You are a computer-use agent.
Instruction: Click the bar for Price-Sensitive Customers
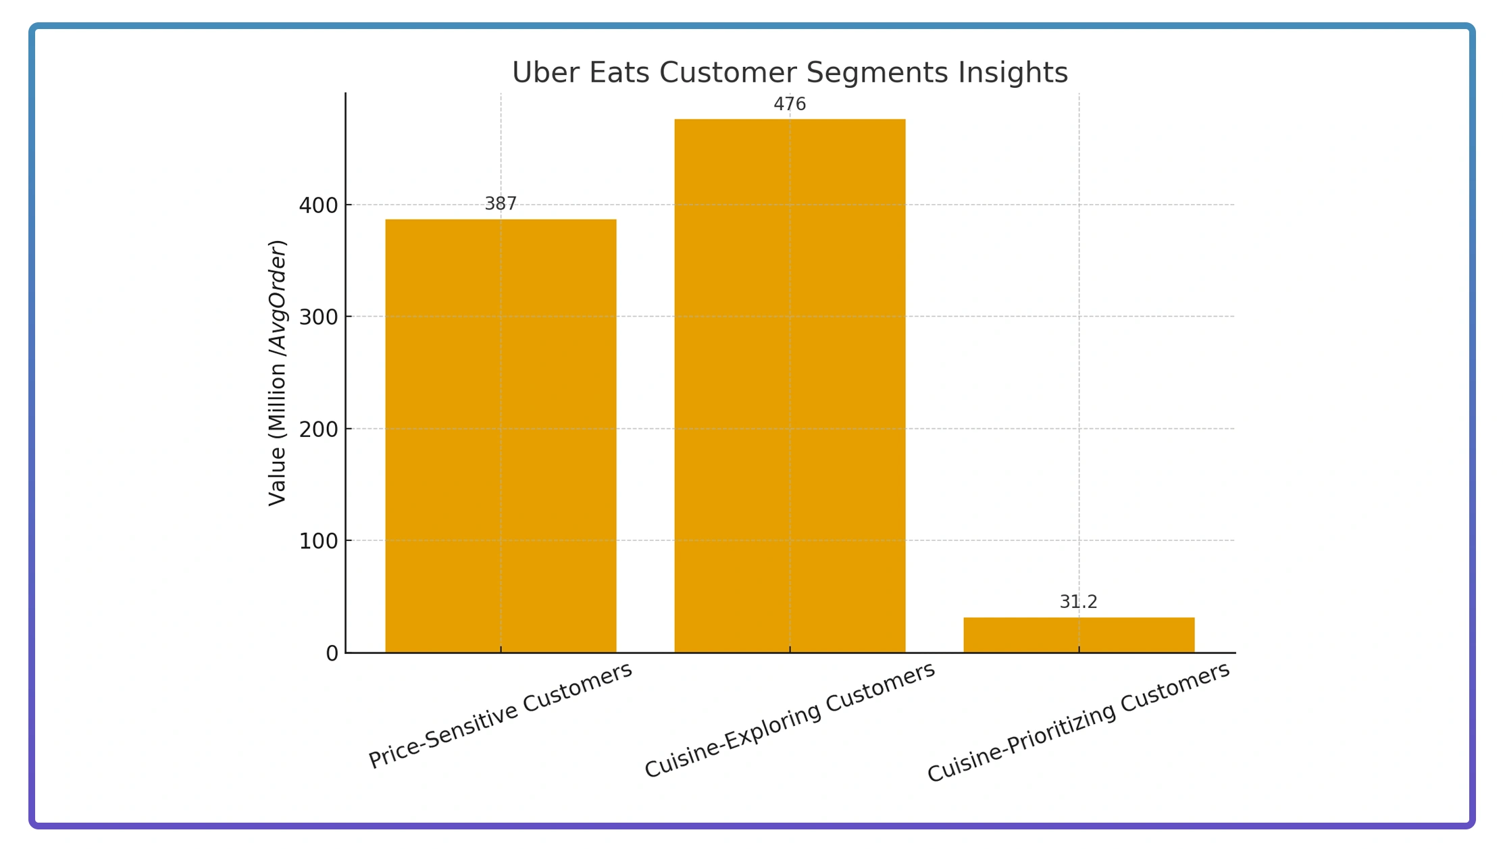click(x=501, y=436)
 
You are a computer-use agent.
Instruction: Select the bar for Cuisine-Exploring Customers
click(x=790, y=386)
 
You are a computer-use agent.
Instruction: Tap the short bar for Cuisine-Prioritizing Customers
click(x=1079, y=635)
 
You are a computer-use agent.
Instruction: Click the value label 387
click(x=501, y=204)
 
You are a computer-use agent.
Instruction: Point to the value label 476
click(x=790, y=105)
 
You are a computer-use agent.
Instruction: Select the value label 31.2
click(x=1078, y=602)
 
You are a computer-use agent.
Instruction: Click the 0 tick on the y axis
click(x=332, y=654)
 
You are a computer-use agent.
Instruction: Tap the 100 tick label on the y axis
click(x=318, y=542)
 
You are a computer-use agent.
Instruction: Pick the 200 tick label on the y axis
click(x=318, y=430)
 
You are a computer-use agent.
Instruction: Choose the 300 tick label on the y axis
click(x=318, y=317)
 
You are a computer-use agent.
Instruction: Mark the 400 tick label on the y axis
click(x=318, y=205)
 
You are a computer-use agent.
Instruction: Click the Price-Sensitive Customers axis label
click(x=500, y=715)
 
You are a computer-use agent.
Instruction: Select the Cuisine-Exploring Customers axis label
click(x=789, y=720)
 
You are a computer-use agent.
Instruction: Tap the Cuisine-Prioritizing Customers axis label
click(x=1078, y=723)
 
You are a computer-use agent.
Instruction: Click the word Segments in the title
click(x=877, y=73)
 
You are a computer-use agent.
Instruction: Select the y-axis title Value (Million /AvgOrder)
click(x=278, y=373)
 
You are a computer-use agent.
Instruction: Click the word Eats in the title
click(x=619, y=73)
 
